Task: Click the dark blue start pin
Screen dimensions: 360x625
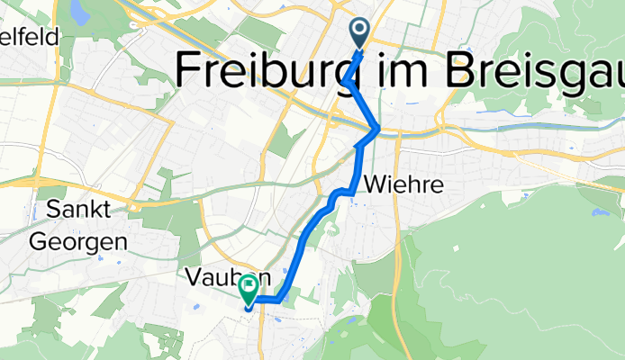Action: pos(359,33)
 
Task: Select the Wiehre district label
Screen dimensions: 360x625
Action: pos(403,185)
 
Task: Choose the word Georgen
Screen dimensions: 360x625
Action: pos(78,241)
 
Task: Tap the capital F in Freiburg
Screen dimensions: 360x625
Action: pos(191,68)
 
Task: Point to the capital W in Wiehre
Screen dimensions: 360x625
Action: pos(376,185)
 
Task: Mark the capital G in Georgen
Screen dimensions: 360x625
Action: pos(41,241)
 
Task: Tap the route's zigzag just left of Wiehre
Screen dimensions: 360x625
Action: pos(340,193)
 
